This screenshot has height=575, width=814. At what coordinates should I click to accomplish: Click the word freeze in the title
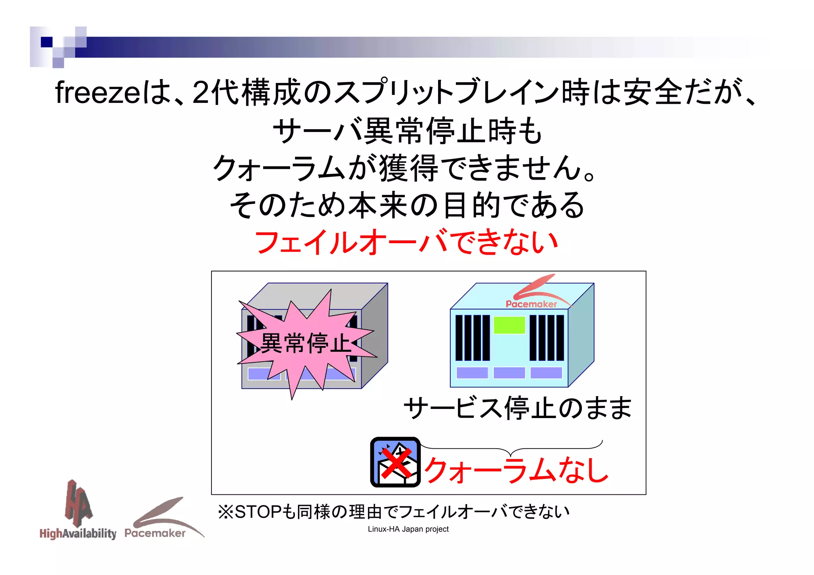click(97, 93)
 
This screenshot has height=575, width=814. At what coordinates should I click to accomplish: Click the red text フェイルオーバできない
click(406, 242)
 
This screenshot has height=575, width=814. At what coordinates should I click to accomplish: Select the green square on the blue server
click(509, 325)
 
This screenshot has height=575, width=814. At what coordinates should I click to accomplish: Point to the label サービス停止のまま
click(517, 409)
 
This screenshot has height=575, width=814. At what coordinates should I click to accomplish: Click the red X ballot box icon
click(395, 462)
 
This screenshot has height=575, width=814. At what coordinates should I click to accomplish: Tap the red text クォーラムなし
click(516, 470)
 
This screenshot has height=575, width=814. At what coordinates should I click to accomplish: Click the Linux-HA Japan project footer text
click(408, 529)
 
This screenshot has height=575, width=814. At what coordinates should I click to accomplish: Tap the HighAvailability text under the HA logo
click(78, 533)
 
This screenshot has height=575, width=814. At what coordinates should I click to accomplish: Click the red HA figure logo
click(78, 501)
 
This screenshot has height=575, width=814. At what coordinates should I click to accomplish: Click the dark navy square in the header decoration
click(47, 42)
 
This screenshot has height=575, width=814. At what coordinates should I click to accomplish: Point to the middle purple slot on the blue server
click(509, 373)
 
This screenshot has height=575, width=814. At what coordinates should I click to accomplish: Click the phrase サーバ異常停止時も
click(407, 131)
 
